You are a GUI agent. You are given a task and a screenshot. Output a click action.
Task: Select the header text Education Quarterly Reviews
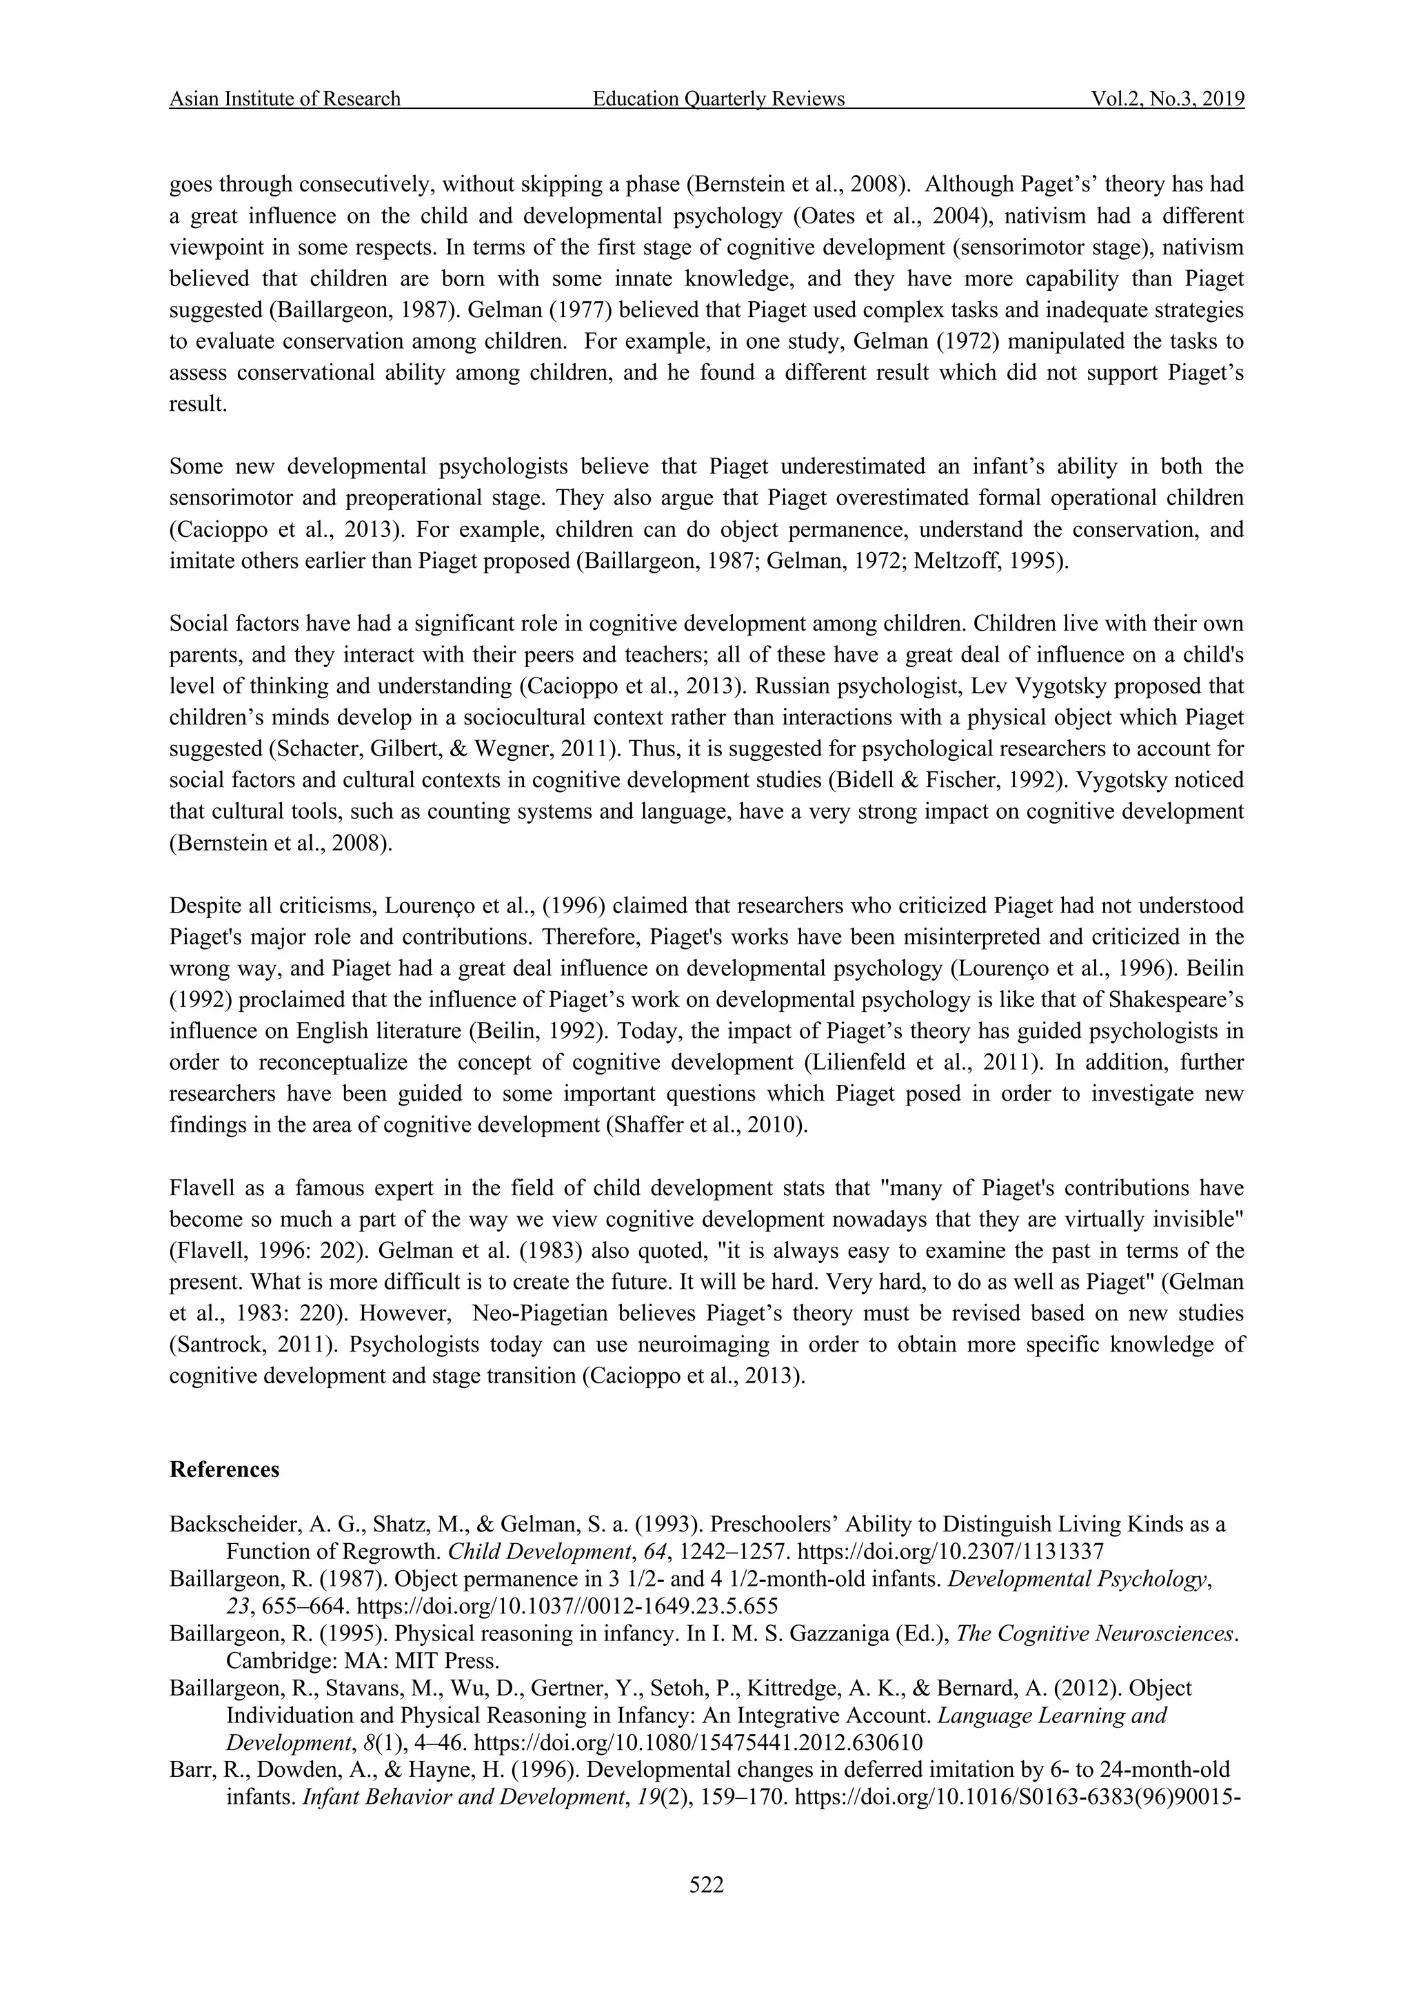coord(718,99)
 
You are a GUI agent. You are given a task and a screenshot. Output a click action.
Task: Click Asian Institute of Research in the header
coord(285,99)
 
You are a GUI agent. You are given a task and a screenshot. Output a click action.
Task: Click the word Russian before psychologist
coord(789,686)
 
